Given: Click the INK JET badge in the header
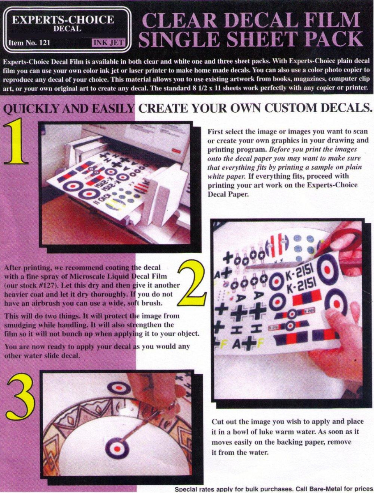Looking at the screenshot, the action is click(109, 42).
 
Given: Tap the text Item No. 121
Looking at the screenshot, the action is click(29, 43).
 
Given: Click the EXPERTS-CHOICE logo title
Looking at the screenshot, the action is click(63, 20).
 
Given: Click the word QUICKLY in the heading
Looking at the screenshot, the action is click(32, 109).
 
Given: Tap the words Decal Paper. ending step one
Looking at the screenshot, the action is click(229, 194).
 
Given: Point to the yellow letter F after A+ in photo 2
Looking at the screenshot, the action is click(260, 343).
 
